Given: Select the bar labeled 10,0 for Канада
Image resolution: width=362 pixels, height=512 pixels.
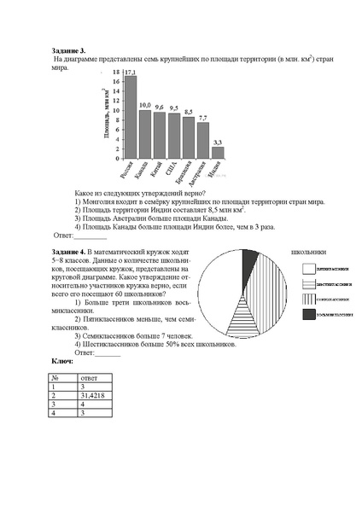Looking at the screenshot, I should (145, 134).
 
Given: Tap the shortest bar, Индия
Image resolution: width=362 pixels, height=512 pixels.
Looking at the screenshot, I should (219, 153).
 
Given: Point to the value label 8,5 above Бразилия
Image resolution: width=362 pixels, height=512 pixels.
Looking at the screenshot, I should (189, 112).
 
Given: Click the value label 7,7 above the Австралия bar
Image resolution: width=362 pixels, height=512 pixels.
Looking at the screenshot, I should (203, 117).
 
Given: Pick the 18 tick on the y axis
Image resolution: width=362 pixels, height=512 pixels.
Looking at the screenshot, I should (116, 73).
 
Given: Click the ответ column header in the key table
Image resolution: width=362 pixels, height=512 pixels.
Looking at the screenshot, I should (89, 377).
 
